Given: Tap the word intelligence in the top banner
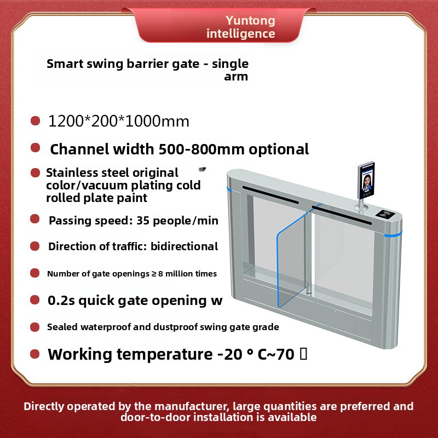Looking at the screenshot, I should point(241,34).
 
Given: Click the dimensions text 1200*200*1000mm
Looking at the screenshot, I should point(119,121).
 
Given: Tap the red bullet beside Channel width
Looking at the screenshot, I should point(36,148).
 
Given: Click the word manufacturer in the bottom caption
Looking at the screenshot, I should point(176,406).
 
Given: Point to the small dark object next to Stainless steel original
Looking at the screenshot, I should point(201,169).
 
